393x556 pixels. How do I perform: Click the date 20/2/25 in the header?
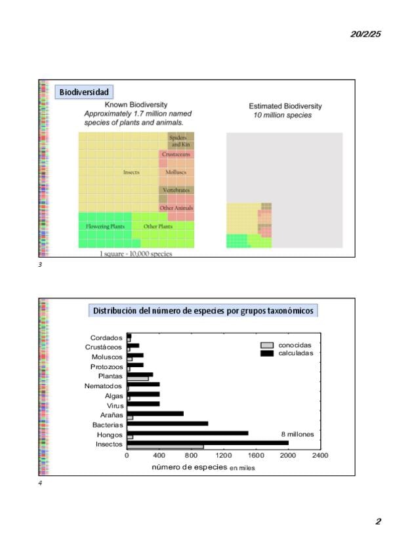point(365,34)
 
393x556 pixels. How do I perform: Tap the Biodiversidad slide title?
point(84,92)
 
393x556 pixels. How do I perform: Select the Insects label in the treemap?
point(131,172)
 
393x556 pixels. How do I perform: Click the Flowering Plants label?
point(106,226)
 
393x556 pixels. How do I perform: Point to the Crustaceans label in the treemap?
point(176,154)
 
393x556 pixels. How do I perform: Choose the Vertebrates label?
point(176,190)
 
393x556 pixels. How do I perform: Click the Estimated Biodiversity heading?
point(285,106)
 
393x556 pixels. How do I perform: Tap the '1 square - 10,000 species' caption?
point(136,254)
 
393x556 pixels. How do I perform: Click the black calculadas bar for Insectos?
point(207,443)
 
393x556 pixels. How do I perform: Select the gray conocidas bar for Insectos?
point(165,447)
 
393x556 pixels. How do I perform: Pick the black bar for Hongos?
point(187,433)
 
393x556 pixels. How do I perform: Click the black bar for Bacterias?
point(167,424)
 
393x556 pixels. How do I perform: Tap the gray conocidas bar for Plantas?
point(138,379)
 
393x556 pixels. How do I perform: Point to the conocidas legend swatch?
point(267,345)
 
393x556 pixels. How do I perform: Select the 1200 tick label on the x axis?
point(224,455)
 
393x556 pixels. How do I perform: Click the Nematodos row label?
point(103,386)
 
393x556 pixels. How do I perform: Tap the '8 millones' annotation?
point(298,434)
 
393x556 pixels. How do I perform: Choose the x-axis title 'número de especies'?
point(190,467)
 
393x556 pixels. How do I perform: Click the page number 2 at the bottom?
point(378,521)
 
